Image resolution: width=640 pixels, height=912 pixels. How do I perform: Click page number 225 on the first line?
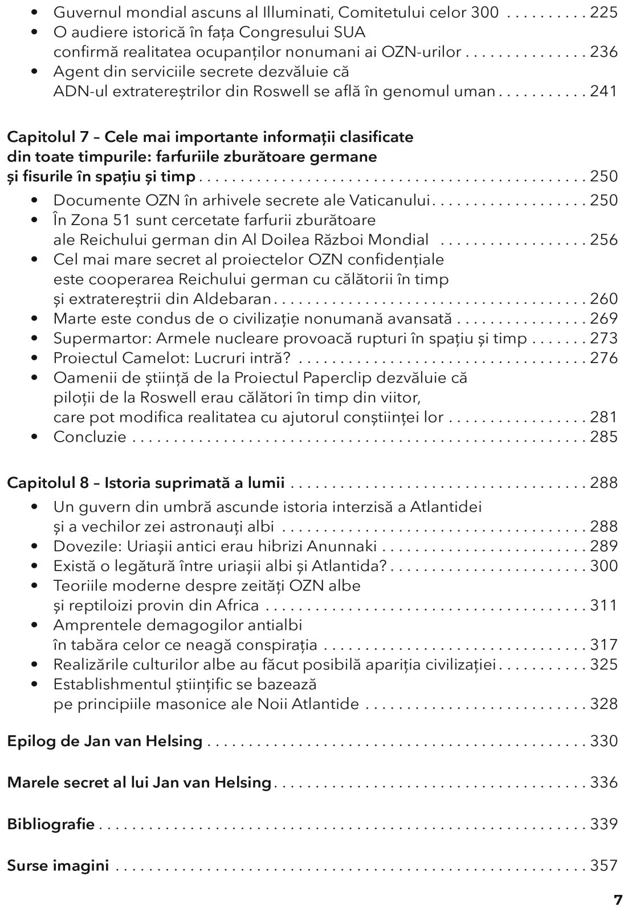click(604, 12)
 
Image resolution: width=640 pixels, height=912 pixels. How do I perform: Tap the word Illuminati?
click(333, 12)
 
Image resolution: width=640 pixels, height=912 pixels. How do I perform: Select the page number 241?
click(604, 91)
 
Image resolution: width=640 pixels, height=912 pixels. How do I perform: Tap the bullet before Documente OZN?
click(36, 200)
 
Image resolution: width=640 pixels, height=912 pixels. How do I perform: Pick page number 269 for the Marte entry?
click(604, 318)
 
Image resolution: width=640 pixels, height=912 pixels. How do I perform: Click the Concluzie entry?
click(90, 437)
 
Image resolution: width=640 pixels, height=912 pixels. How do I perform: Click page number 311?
click(604, 605)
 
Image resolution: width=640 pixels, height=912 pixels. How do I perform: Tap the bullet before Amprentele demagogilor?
click(36, 625)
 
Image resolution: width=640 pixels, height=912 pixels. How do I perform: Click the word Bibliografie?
click(51, 824)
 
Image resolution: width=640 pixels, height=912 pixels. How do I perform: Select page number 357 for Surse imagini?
click(604, 865)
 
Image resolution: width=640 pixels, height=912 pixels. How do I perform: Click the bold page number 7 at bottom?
click(618, 900)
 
